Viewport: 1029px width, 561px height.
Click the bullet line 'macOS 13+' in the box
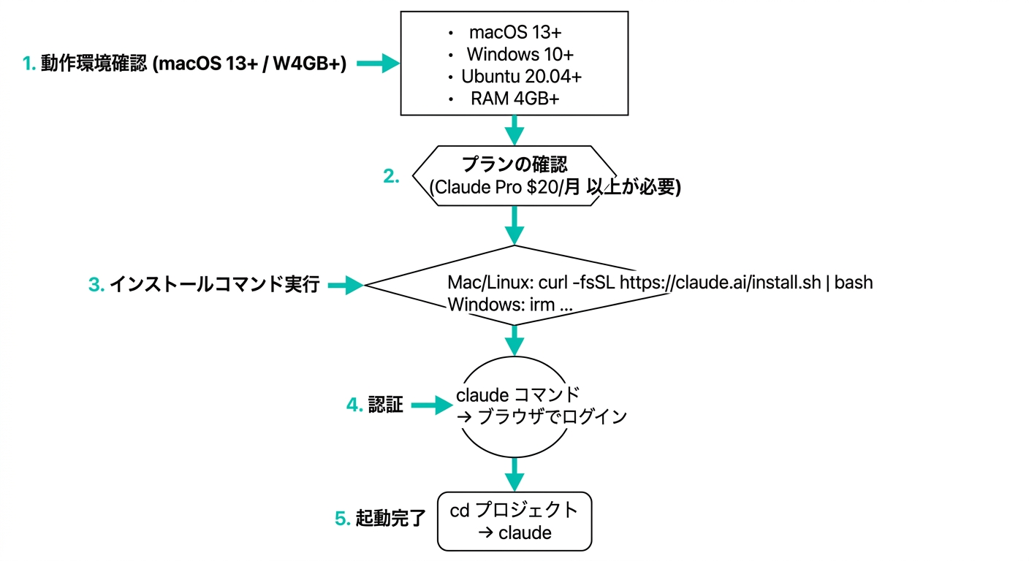tap(514, 33)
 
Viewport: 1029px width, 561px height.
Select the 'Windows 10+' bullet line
tap(520, 55)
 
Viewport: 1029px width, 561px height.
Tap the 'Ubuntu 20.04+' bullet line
tap(521, 77)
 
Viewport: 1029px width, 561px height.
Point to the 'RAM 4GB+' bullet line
tap(514, 99)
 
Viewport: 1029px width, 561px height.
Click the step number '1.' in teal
tap(29, 64)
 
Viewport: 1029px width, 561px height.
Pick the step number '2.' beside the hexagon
tap(392, 176)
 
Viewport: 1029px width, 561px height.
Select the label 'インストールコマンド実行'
tap(214, 285)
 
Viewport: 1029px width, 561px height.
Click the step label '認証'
tap(385, 405)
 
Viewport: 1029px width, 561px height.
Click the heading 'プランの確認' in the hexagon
tap(514, 164)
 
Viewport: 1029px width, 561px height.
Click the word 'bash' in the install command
tap(854, 282)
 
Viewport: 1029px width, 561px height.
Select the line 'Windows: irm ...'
tap(510, 305)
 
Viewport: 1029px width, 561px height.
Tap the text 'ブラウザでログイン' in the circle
tap(552, 418)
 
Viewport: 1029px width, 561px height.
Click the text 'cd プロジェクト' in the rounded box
tap(514, 510)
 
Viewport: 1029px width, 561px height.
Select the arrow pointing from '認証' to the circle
tap(432, 405)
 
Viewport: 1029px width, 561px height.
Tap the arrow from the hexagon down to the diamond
tap(515, 224)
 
